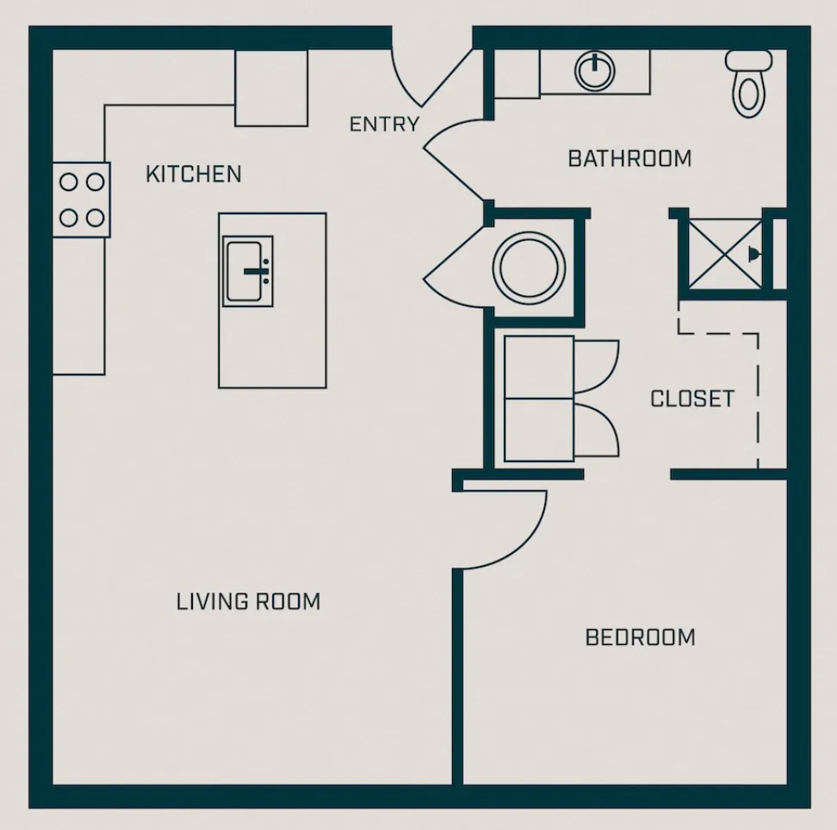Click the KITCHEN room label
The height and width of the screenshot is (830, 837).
point(193,174)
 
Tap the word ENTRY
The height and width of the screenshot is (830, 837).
point(384,124)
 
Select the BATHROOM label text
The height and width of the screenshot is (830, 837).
point(629,158)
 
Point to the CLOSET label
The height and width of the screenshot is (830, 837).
point(691,399)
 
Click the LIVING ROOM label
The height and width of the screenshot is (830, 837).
point(248,601)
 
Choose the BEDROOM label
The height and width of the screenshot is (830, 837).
point(640,637)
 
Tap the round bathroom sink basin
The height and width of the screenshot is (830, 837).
point(595,71)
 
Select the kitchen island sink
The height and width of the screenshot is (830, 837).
point(249,271)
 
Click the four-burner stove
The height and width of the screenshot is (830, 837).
point(82,199)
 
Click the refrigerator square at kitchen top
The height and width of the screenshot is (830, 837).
point(271,88)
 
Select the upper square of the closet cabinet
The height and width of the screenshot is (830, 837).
point(539,368)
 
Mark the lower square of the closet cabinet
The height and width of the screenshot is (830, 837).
point(539,430)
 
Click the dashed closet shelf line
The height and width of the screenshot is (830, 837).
point(757,396)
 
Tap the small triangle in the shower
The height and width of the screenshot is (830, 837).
point(754,254)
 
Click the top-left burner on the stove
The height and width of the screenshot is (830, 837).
point(68,183)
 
